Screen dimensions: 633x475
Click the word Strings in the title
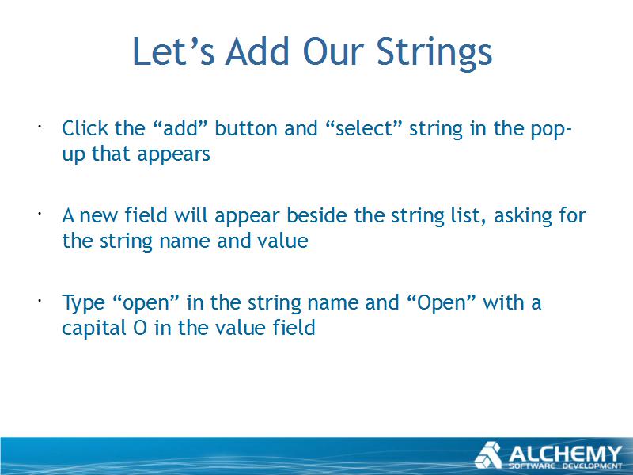point(434,52)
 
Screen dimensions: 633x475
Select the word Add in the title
point(258,51)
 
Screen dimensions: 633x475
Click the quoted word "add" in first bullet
point(180,128)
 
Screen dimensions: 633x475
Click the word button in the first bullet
point(246,128)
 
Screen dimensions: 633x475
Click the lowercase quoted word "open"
point(146,303)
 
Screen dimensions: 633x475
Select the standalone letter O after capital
point(140,328)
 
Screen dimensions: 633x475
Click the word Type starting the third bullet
point(83,303)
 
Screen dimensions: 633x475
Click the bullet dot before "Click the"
point(40,127)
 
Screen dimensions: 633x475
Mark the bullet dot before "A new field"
point(40,214)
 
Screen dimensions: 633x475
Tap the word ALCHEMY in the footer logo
point(565,454)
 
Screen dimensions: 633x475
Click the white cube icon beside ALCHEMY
point(487,454)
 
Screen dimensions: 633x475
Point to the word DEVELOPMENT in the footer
point(593,466)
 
